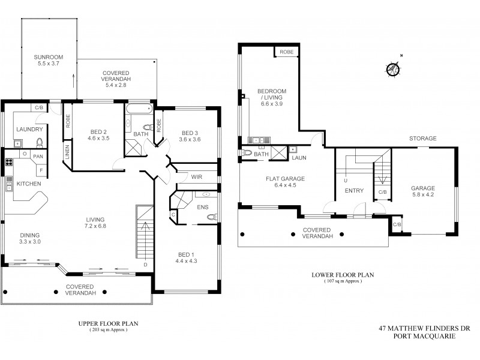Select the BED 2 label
pos(98,132)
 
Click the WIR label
pos(196,177)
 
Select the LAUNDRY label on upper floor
pos(29,129)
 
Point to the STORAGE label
pos(422,138)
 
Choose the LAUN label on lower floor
pos(298,158)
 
